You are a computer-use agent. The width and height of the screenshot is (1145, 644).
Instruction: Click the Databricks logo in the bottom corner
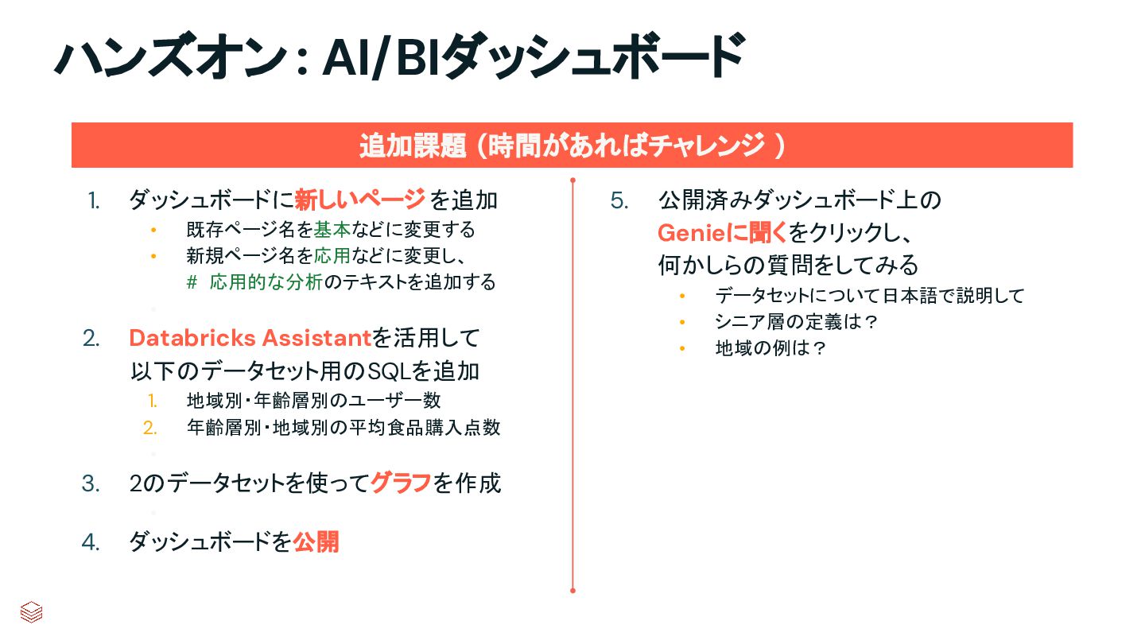(x=31, y=611)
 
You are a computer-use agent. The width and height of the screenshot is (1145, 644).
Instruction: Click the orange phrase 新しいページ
(x=359, y=200)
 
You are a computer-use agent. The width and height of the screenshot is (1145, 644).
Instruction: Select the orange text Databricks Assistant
(x=250, y=339)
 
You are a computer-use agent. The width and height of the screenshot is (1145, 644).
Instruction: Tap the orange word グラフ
(x=401, y=483)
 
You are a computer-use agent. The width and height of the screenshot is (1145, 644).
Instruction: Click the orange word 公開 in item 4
(x=316, y=542)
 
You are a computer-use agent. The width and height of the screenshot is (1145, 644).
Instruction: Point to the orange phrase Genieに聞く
(x=722, y=232)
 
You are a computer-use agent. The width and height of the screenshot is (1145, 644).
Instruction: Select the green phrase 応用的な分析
(x=266, y=282)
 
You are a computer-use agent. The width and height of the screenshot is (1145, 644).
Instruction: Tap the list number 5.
(x=619, y=200)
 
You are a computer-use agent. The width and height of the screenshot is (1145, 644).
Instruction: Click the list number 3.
(x=91, y=483)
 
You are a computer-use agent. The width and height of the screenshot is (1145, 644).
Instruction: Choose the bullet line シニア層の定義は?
(x=795, y=322)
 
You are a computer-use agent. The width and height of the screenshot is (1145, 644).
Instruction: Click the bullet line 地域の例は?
(x=770, y=348)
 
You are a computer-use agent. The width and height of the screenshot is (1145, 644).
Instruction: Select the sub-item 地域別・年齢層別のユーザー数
(x=313, y=401)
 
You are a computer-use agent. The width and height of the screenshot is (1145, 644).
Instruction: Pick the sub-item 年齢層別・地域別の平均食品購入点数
(x=343, y=428)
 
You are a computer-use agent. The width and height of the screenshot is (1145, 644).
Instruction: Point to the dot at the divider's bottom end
(x=572, y=591)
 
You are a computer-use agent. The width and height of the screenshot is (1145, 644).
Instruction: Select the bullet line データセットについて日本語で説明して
(x=870, y=296)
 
